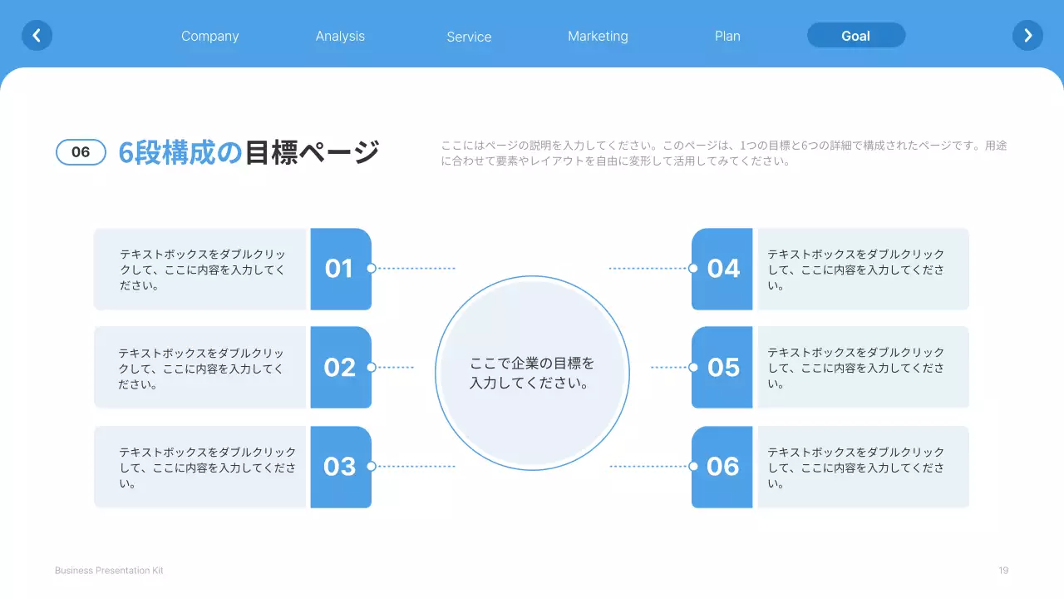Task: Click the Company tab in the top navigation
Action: click(209, 36)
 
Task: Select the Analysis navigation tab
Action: click(340, 36)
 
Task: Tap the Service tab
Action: click(469, 37)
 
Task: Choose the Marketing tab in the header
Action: click(598, 36)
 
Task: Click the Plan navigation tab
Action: click(727, 36)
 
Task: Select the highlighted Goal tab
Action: click(855, 36)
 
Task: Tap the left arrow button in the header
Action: click(37, 35)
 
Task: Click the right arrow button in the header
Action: click(1027, 35)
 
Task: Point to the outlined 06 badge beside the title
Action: click(81, 152)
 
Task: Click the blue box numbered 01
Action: click(340, 269)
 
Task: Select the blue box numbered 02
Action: click(340, 367)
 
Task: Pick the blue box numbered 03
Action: click(340, 467)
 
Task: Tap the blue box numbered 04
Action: click(722, 269)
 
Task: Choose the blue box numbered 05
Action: click(722, 367)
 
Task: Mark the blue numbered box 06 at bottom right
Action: click(722, 467)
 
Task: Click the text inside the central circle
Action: click(532, 374)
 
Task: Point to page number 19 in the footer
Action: click(1003, 570)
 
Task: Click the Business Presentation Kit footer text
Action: click(109, 570)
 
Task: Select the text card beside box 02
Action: click(200, 367)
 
